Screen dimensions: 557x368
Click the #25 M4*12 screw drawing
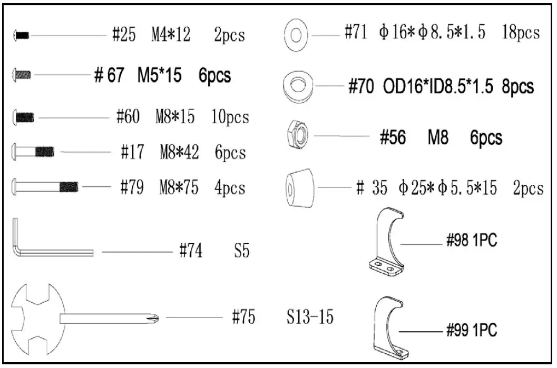tap(21, 35)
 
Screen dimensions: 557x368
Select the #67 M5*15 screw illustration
tap(22, 75)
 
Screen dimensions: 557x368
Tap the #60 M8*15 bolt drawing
tap(23, 117)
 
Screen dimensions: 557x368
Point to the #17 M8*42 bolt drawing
tap(33, 152)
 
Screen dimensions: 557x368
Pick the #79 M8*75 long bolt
tap(45, 186)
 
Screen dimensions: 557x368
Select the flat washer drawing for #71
tap(296, 35)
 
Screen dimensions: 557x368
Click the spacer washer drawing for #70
tap(298, 86)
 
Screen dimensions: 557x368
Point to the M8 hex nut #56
tap(297, 135)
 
